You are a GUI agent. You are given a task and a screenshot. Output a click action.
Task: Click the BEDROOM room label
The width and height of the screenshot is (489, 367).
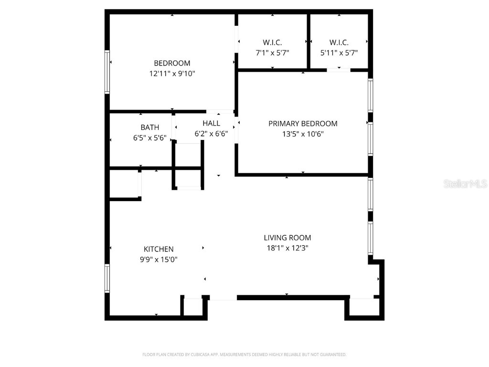[x=172, y=63]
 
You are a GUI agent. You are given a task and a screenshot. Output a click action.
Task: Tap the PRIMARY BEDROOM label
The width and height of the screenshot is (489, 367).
[x=303, y=124]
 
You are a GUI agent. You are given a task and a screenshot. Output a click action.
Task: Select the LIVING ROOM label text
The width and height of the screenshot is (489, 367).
[x=287, y=237]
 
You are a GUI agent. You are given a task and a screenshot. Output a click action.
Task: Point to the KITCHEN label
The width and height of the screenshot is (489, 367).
[x=159, y=249]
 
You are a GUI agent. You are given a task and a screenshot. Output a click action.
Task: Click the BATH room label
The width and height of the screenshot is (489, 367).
[x=149, y=128]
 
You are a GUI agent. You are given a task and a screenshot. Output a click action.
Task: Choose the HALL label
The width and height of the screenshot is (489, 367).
[x=211, y=123]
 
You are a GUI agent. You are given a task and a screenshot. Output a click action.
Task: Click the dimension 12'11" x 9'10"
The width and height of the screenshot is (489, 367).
[x=172, y=74]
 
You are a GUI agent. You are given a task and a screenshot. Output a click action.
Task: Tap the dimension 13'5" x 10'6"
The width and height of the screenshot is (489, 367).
[x=303, y=134]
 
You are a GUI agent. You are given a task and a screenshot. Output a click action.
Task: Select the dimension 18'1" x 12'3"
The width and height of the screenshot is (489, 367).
[x=287, y=248]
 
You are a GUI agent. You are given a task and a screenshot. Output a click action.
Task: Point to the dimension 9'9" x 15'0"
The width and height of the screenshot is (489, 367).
[x=159, y=259]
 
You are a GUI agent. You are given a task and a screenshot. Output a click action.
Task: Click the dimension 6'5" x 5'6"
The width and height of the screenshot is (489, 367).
[x=149, y=138]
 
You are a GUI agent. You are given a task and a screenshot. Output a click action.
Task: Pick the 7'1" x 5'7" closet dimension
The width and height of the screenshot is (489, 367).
[x=272, y=53]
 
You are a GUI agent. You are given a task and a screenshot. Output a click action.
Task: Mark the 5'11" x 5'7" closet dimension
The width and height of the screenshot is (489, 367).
[x=339, y=53]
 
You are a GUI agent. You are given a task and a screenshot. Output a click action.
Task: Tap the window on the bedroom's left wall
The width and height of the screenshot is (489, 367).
[x=107, y=72]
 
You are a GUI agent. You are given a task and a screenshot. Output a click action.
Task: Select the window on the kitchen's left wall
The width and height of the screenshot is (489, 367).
[x=107, y=278]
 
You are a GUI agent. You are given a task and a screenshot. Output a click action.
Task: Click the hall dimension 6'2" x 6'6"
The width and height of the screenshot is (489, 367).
[x=211, y=134]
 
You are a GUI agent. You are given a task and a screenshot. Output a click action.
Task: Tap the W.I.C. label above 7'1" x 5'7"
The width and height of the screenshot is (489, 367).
[x=272, y=42]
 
